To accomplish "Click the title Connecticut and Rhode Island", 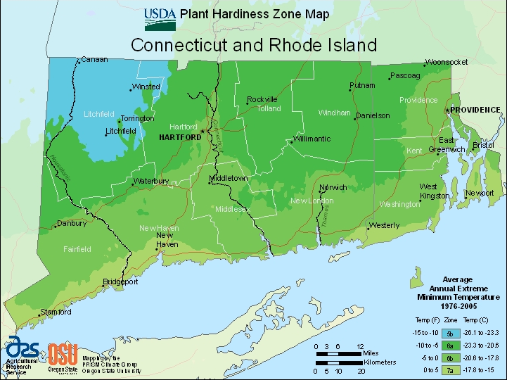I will pos(254,45).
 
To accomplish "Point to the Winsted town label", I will pos(146,87).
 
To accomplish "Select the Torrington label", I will pos(137,119).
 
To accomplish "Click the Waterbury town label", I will pos(151,182).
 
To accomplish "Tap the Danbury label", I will pos(72,224).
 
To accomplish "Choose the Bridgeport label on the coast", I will pos(120,282).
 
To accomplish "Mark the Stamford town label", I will pos(56,312).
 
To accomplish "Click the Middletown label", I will pos(230,179).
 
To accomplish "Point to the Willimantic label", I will pos(312,139).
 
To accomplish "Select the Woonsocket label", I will pos(447,63).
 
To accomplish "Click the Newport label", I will pos(480,193).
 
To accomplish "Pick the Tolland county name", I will pos(269,109).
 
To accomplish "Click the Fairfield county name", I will pos(77,249).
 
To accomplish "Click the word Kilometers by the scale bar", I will pos(380,362).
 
